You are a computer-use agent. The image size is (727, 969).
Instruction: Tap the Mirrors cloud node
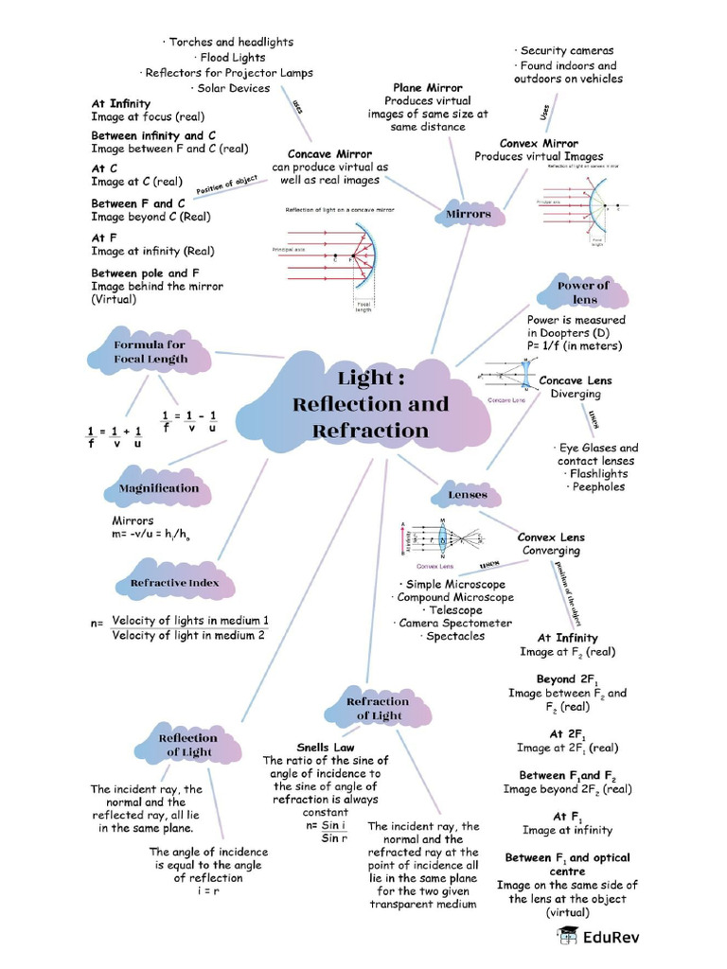coord(469,215)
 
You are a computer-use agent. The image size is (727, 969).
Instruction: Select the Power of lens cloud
coord(584,292)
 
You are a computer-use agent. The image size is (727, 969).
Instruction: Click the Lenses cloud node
coord(468,494)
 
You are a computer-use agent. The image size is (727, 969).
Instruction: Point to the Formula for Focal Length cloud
coord(151,352)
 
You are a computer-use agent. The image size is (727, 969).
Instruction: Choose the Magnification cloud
coord(158,488)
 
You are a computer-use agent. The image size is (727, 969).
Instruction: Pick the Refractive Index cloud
coord(174,583)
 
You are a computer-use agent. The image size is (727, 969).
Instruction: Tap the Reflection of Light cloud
coord(187,745)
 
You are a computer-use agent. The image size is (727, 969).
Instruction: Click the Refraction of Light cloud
coord(378,709)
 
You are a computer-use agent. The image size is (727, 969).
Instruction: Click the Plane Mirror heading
coord(427,87)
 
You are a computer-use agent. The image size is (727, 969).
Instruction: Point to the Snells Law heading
coord(325,747)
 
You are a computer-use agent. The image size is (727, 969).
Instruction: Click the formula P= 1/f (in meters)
coord(575,346)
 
